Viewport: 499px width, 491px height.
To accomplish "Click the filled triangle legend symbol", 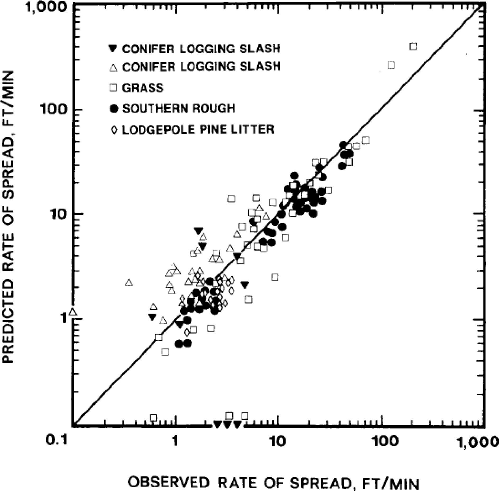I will coord(113,49).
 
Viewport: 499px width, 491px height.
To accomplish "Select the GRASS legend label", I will coord(143,88).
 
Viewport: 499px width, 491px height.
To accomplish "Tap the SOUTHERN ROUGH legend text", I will coord(179,108).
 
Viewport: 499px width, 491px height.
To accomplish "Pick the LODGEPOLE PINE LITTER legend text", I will coord(198,129).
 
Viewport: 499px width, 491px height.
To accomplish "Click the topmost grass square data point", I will coord(413,47).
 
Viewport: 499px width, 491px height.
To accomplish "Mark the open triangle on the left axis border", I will coord(73,312).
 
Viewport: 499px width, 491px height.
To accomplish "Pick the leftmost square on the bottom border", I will coord(153,418).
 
